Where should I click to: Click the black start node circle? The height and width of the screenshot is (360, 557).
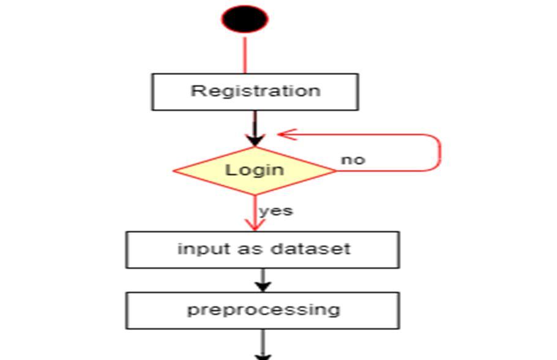245,19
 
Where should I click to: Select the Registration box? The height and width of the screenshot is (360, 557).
255,92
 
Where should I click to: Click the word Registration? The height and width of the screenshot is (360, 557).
255,91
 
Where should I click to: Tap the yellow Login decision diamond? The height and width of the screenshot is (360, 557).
255,170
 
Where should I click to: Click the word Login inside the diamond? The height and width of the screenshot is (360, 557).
255,169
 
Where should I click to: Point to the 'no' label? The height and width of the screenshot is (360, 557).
353,160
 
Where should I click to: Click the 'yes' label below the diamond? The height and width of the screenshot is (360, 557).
276,211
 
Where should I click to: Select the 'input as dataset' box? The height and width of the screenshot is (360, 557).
263,250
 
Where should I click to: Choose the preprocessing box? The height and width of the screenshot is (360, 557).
263,310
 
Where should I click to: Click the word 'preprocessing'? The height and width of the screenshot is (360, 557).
263,309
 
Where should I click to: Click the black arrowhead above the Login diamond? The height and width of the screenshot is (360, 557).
255,140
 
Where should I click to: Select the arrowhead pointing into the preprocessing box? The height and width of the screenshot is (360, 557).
263,285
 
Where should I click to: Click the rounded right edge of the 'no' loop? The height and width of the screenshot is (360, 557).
439,152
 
